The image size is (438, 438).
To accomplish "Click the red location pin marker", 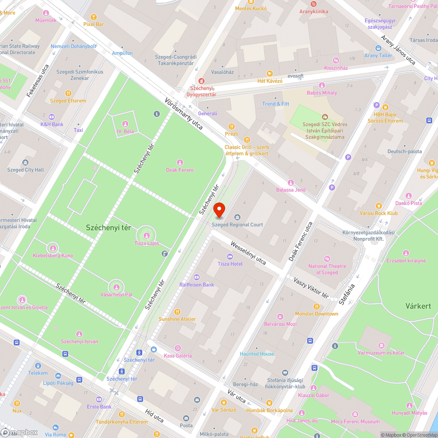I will click(219, 210).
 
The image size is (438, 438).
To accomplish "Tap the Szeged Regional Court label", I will click(237, 225).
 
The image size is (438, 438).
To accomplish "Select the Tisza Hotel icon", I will click(230, 257).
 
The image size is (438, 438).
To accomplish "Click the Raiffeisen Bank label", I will click(197, 285).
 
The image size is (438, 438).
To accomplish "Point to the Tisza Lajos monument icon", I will click(146, 236).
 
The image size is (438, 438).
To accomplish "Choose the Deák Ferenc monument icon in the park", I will click(180, 162).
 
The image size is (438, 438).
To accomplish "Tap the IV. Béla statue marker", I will click(125, 124).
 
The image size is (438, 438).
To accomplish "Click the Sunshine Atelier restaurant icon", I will click(177, 312).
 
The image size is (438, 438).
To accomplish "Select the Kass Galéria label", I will click(177, 356).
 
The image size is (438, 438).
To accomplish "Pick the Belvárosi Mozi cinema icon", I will click(280, 317).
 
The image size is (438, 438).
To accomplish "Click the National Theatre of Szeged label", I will click(327, 269).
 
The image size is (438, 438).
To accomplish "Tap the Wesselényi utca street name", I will click(248, 253).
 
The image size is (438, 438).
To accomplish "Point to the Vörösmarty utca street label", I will click(184, 113).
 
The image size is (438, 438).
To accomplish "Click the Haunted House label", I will click(257, 354).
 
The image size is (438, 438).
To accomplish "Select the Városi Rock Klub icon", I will click(378, 206).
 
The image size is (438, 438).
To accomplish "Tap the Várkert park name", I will click(418, 306).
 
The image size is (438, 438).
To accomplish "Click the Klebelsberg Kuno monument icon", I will click(53, 248).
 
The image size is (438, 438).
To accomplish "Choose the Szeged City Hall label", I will click(25, 170).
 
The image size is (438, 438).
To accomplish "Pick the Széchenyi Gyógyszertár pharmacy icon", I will click(201, 81).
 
